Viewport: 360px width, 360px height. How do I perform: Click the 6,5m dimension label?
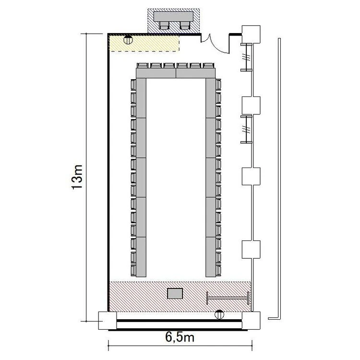tap(180, 337)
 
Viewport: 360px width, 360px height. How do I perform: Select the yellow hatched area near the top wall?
tap(144, 43)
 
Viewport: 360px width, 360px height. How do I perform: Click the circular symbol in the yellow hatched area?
tap(128, 40)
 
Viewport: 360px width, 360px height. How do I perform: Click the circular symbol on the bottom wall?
tap(219, 314)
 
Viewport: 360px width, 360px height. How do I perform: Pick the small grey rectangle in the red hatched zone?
tap(175, 294)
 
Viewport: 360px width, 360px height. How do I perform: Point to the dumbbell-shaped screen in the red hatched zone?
tap(228, 298)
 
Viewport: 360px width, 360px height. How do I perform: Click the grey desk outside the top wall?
tap(174, 16)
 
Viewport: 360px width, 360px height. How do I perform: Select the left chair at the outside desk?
tap(164, 25)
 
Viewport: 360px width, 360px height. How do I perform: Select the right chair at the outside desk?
tap(185, 25)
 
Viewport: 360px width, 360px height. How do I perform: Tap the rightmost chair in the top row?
tap(209, 66)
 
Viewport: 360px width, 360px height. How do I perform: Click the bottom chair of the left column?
tap(133, 270)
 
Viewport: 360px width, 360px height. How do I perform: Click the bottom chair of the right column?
tap(218, 270)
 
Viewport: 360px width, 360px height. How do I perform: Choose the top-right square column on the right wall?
tap(251, 34)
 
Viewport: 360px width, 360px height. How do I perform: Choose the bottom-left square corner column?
tap(108, 321)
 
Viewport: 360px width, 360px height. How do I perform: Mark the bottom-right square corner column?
tap(251, 321)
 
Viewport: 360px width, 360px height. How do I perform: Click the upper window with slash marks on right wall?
tap(247, 57)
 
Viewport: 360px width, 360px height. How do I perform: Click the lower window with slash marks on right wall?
tap(247, 129)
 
